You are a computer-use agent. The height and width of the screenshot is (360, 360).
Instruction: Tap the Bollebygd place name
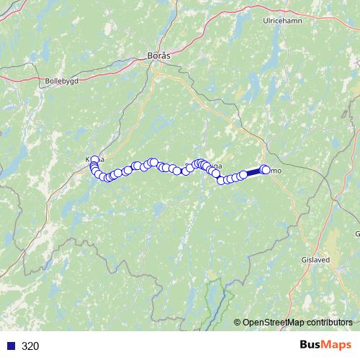[x=61, y=81]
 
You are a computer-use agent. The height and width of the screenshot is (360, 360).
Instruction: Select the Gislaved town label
[x=314, y=261]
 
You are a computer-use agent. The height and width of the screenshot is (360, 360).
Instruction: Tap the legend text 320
[x=30, y=346]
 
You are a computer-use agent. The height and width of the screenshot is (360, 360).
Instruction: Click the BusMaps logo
[x=325, y=346]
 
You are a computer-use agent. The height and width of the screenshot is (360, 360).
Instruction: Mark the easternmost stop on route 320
[x=266, y=170]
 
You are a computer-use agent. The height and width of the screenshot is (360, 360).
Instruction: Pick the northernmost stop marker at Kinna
[x=94, y=160]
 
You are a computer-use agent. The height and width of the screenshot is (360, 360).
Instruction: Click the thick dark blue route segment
[x=253, y=172]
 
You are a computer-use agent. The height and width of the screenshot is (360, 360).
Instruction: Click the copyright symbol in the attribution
[x=238, y=322]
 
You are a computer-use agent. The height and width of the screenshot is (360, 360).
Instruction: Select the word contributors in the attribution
[x=329, y=322]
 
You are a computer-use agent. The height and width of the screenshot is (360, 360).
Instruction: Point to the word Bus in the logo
[x=311, y=346]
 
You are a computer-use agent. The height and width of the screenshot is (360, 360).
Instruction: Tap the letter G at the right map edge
[x=357, y=234]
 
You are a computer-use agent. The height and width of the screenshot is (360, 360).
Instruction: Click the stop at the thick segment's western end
[x=243, y=174]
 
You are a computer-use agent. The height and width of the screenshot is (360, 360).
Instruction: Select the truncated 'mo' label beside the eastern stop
[x=276, y=171]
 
